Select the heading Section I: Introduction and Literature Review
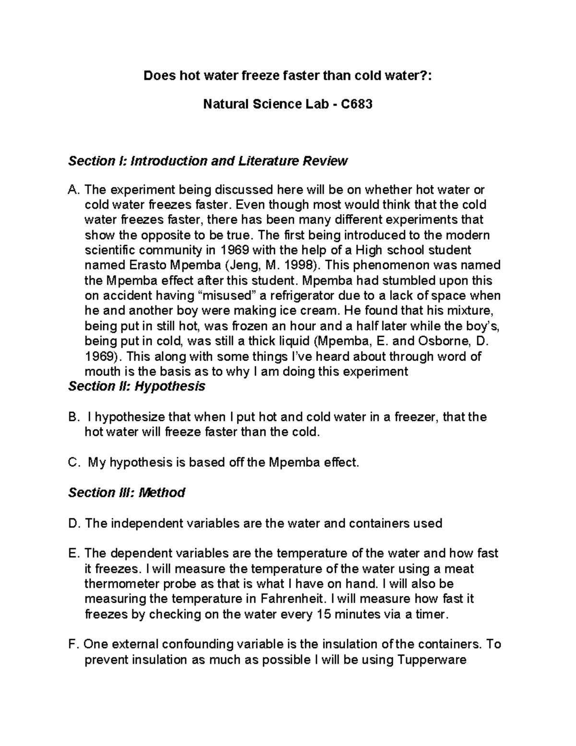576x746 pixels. tap(207, 161)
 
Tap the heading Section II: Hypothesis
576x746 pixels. tap(137, 386)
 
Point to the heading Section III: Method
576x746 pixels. tap(127, 493)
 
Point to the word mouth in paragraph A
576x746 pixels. tap(102, 371)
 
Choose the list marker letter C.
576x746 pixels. tap(73, 463)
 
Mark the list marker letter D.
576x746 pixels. tap(73, 523)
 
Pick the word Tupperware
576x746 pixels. tap(432, 660)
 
